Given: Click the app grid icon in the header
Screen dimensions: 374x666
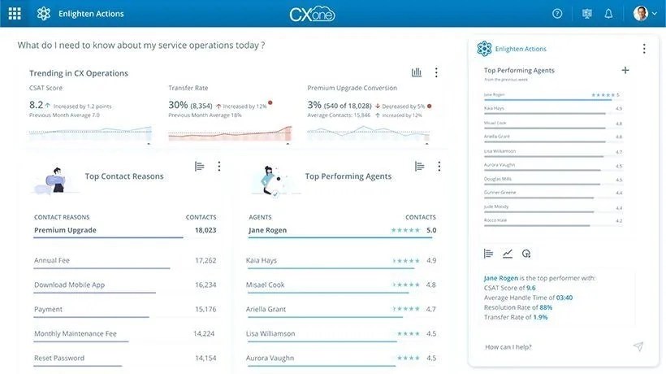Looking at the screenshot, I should (x=15, y=13).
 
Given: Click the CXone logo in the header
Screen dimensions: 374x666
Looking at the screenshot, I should (x=312, y=14).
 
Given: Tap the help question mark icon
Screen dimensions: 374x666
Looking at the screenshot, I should (x=557, y=13).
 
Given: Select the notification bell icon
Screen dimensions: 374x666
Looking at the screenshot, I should (x=608, y=13).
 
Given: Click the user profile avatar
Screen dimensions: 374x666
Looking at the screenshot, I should (x=641, y=13).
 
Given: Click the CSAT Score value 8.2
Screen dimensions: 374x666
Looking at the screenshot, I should (x=36, y=105).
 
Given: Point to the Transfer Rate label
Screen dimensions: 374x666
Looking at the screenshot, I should (x=188, y=88).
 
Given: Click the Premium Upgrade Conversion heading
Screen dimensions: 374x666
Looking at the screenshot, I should (x=352, y=88).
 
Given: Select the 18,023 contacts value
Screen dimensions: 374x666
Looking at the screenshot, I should (x=205, y=230).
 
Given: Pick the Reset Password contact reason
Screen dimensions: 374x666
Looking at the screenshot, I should (x=58, y=358).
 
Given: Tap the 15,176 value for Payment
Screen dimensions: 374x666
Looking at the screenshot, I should (x=205, y=309).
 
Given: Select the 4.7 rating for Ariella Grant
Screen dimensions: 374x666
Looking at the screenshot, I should (x=431, y=309).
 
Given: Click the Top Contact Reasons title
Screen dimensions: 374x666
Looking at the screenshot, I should (x=124, y=176).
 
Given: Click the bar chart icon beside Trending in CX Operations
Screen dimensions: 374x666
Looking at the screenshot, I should (x=417, y=72).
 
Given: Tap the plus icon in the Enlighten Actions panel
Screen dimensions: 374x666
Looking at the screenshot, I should (x=625, y=70).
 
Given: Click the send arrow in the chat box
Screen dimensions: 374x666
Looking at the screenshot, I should (x=638, y=347).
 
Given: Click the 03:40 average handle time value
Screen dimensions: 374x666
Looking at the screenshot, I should (x=564, y=298).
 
